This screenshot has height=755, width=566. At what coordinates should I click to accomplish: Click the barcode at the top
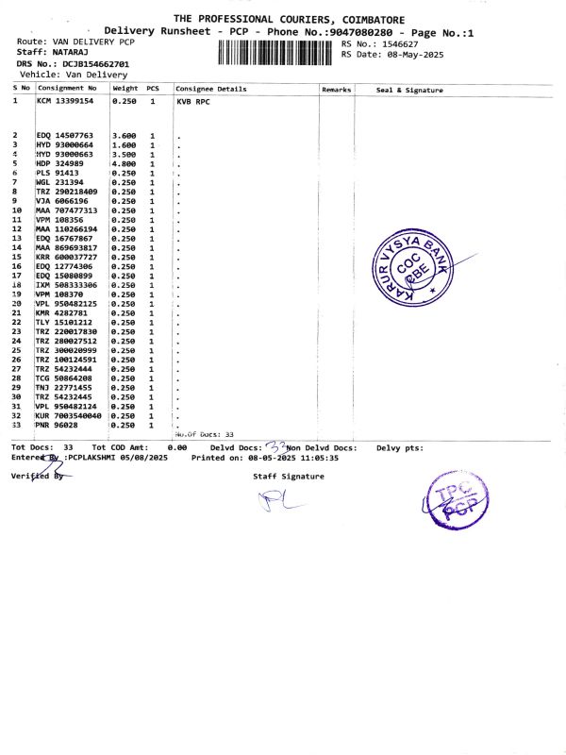click(x=276, y=52)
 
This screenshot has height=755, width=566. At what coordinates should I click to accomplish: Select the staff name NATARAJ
click(x=70, y=53)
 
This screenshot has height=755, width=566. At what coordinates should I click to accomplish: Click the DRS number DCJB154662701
click(x=96, y=63)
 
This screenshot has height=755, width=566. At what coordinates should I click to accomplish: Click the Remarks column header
click(x=336, y=89)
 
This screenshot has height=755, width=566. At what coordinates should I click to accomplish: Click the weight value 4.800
click(x=125, y=164)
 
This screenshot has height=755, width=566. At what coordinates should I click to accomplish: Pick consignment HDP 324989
click(x=59, y=164)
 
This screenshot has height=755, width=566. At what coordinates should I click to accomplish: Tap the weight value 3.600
click(x=125, y=136)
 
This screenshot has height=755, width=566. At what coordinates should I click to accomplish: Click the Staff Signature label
click(x=288, y=477)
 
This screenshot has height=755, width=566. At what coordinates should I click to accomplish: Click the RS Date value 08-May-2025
click(x=406, y=54)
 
